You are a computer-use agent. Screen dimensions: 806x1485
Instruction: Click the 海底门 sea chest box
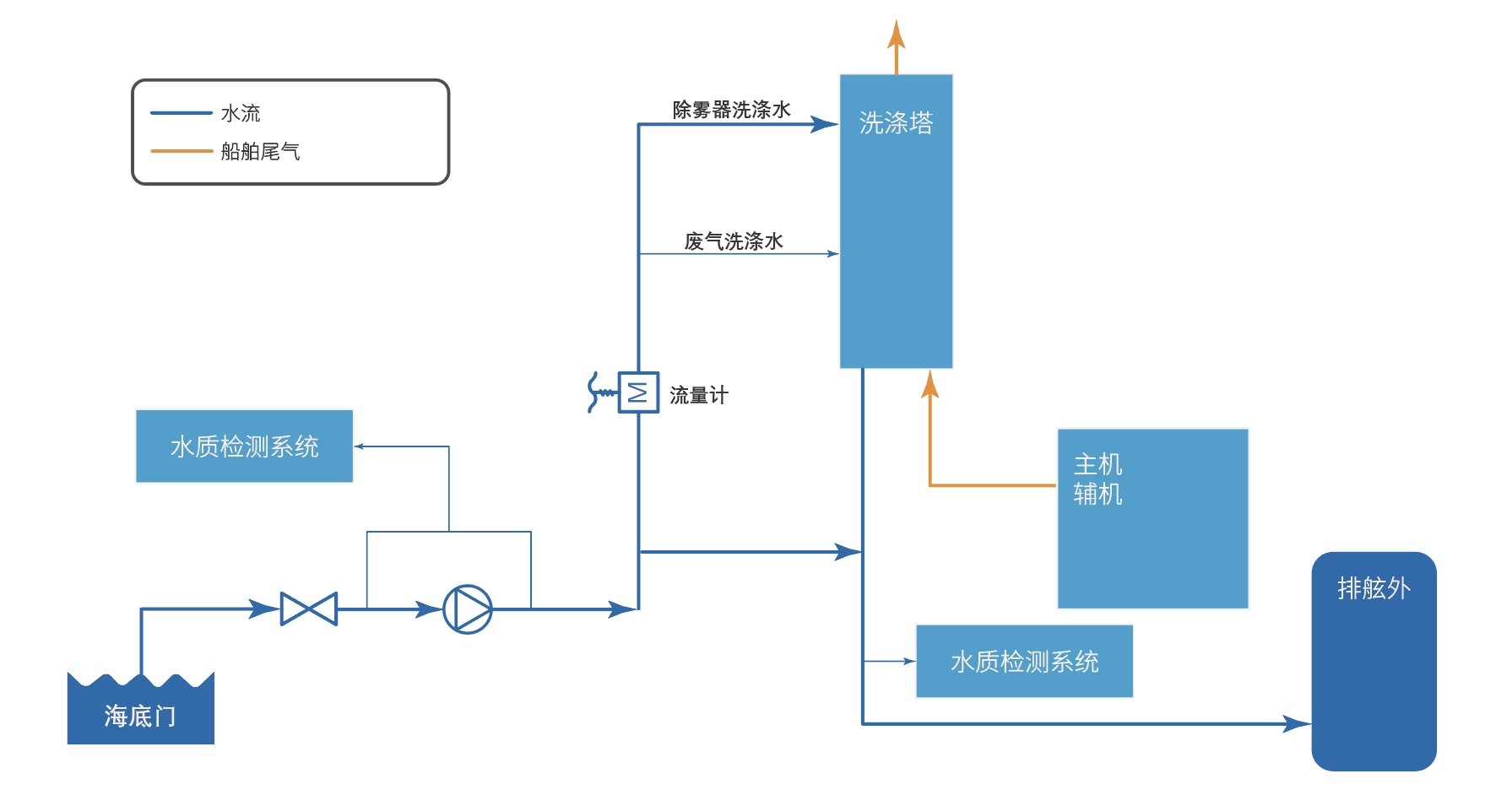(140, 713)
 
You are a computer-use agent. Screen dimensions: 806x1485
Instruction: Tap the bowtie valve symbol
(309, 609)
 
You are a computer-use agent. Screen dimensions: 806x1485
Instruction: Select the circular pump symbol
(467, 609)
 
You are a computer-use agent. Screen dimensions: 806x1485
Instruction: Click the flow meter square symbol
(638, 392)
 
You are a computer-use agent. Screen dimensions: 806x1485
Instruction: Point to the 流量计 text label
(698, 395)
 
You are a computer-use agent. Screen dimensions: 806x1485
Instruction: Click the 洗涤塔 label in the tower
(896, 123)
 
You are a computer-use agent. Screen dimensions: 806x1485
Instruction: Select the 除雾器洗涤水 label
(731, 110)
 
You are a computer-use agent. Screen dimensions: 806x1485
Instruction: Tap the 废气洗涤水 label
(733, 241)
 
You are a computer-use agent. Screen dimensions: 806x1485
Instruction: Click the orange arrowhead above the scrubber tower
(897, 35)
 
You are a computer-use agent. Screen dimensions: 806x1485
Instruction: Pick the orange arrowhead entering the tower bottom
(929, 385)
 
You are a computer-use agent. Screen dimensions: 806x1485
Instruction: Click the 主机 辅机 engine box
(1152, 518)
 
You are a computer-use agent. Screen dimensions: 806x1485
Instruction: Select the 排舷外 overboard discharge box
(1374, 661)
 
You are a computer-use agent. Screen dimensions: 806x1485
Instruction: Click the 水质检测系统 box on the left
(244, 446)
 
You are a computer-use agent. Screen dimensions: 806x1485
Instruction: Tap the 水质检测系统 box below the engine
(1024, 662)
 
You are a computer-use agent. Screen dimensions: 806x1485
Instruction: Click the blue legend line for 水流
(181, 112)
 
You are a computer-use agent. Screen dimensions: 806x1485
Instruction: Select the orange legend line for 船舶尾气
(181, 151)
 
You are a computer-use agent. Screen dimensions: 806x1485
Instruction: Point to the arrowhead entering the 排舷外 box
(1297, 723)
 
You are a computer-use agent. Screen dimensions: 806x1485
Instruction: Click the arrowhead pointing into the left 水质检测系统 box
(359, 446)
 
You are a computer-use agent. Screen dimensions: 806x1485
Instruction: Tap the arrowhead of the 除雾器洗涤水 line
(824, 124)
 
